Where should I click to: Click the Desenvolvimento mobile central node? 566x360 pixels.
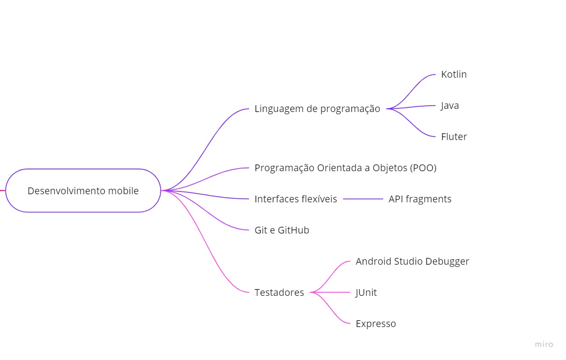click(x=83, y=191)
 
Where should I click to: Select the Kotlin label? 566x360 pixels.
click(x=454, y=75)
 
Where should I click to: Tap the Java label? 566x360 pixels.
click(x=450, y=106)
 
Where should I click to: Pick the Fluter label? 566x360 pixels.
click(x=454, y=137)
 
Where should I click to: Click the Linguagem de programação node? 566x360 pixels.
click(x=317, y=109)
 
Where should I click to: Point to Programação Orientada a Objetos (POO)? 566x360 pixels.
click(x=345, y=168)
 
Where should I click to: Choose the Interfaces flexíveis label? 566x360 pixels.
click(x=295, y=199)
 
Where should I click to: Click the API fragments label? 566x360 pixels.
click(x=420, y=199)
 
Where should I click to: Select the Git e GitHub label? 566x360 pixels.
click(x=281, y=230)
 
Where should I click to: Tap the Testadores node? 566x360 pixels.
click(x=279, y=293)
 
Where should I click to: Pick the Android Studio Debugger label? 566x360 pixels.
click(x=412, y=262)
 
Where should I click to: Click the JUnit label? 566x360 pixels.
click(x=366, y=293)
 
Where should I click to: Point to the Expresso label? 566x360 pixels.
click(x=375, y=324)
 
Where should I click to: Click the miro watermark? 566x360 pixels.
click(x=544, y=344)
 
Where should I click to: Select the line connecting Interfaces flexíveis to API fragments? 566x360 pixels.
click(x=363, y=199)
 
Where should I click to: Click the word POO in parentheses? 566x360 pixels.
click(x=423, y=168)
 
